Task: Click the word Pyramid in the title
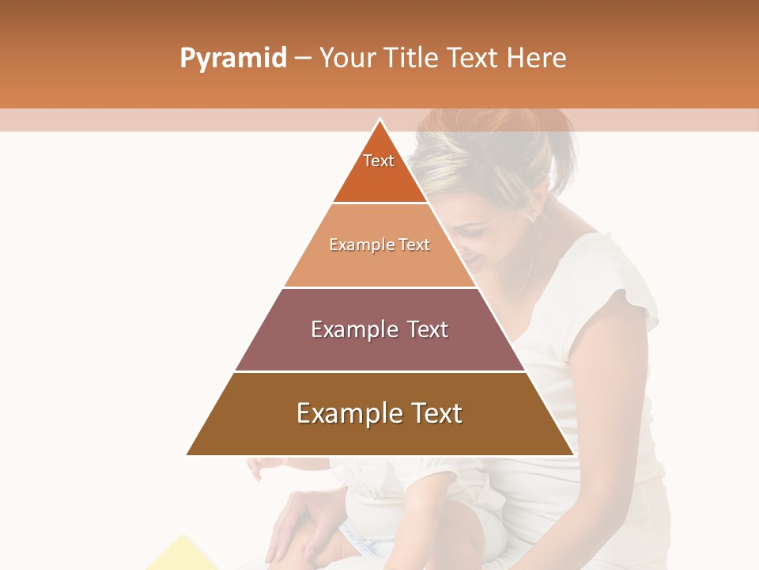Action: (x=232, y=59)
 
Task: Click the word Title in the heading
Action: (x=413, y=59)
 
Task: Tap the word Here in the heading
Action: (x=536, y=59)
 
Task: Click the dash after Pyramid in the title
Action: (x=303, y=59)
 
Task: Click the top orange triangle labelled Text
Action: (x=379, y=170)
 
